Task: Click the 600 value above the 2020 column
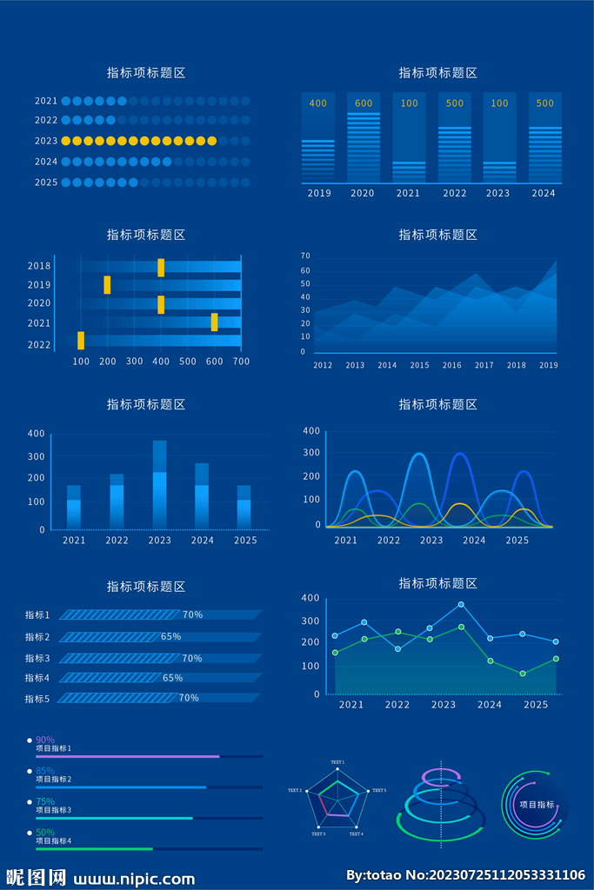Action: pyautogui.click(x=364, y=103)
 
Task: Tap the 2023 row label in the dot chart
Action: pyautogui.click(x=46, y=141)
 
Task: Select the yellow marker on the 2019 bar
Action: pyautogui.click(x=107, y=284)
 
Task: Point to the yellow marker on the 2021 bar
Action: pyautogui.click(x=214, y=322)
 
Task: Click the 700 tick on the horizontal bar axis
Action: pyautogui.click(x=241, y=361)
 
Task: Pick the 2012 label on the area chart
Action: pyautogui.click(x=323, y=366)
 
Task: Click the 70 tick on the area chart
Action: pyautogui.click(x=305, y=256)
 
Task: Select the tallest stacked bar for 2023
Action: pyautogui.click(x=159, y=484)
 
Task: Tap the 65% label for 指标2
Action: pyautogui.click(x=170, y=636)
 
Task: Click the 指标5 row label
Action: pyautogui.click(x=37, y=699)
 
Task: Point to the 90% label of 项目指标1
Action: pyautogui.click(x=44, y=740)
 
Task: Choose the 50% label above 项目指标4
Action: pyautogui.click(x=44, y=832)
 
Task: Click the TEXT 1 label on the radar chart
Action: pyautogui.click(x=337, y=762)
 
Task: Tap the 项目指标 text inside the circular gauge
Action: pyautogui.click(x=537, y=805)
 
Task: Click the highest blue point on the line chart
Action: pyautogui.click(x=461, y=604)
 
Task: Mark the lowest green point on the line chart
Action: pyautogui.click(x=523, y=674)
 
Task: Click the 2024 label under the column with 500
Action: pyautogui.click(x=544, y=193)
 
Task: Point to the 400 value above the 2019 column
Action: pyautogui.click(x=318, y=103)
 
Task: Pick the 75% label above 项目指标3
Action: pyautogui.click(x=44, y=801)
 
